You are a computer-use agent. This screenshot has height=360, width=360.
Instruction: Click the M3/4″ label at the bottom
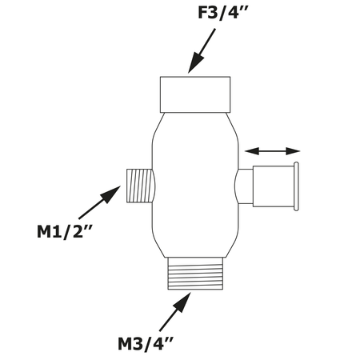coord(146,345)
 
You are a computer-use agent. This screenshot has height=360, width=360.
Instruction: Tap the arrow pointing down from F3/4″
coord(201,52)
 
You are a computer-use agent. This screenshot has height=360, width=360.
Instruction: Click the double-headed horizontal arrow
coord(272,150)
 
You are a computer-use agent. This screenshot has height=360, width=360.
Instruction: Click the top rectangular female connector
coord(197,94)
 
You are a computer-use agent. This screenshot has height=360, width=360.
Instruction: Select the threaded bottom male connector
coord(197,272)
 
